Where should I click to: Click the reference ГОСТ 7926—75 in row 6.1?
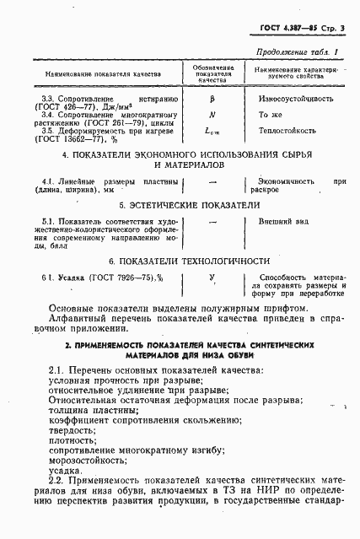[113, 278]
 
